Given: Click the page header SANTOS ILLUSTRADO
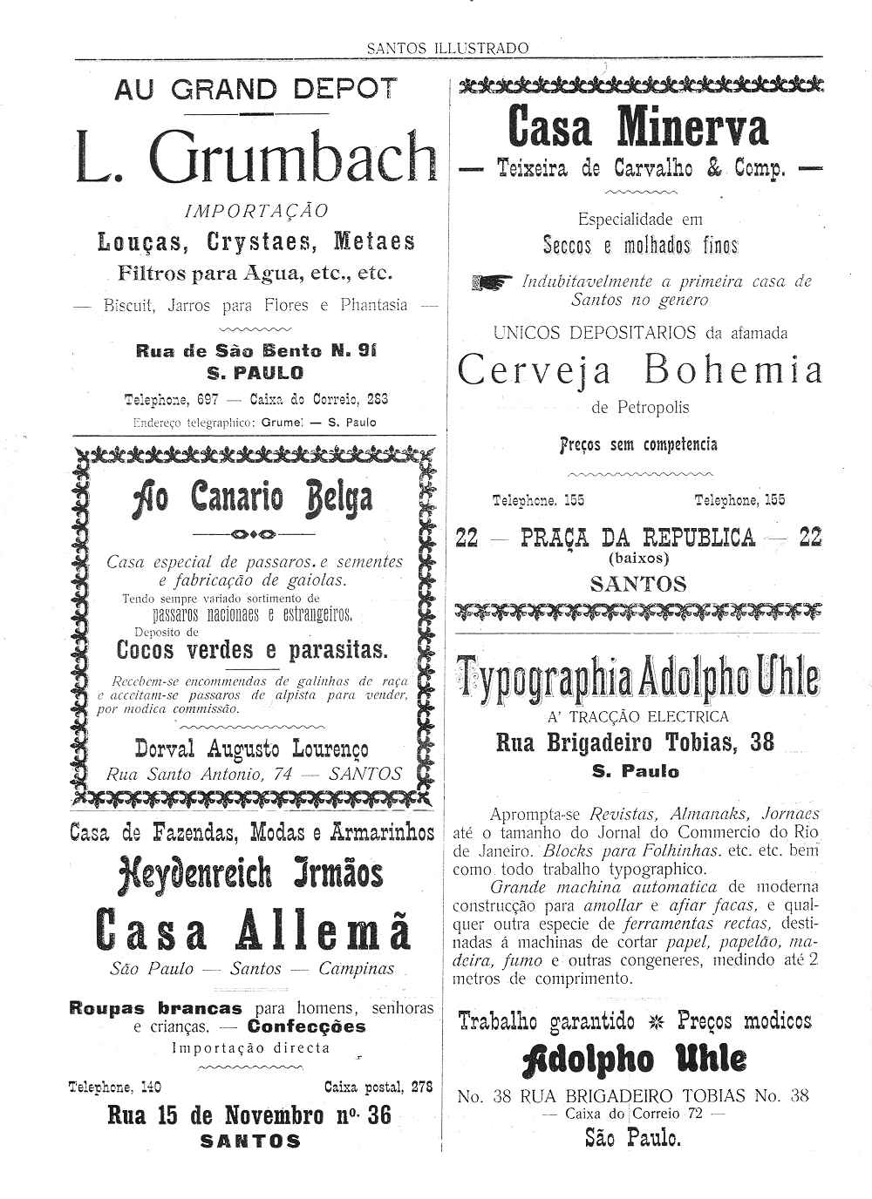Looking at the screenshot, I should coord(447,49).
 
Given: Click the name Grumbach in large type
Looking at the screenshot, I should coord(292,157).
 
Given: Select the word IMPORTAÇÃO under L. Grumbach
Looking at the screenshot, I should coord(257,211).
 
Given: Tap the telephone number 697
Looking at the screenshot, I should coord(207,400).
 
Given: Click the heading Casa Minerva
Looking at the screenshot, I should coord(637,127).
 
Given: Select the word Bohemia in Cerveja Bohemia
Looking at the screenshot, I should coord(733,371).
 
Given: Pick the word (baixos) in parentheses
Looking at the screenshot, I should coord(638,558).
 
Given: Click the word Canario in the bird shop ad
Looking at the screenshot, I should coord(237,498).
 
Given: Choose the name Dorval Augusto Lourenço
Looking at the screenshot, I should coord(251,749).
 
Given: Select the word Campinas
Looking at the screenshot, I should coord(356,969).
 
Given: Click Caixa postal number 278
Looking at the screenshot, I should coord(422,1087).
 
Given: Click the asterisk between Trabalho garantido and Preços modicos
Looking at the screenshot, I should coord(656,1021).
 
